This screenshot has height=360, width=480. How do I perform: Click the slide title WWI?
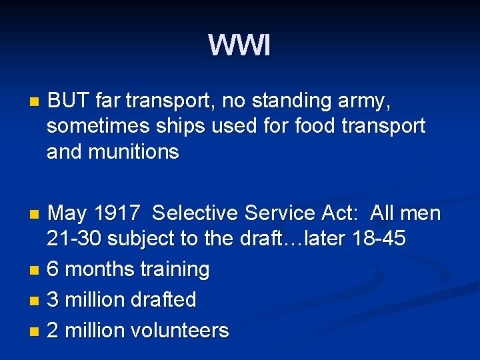click(239, 46)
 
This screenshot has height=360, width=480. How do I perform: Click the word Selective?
click(196, 213)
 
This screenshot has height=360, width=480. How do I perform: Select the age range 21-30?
click(74, 239)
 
